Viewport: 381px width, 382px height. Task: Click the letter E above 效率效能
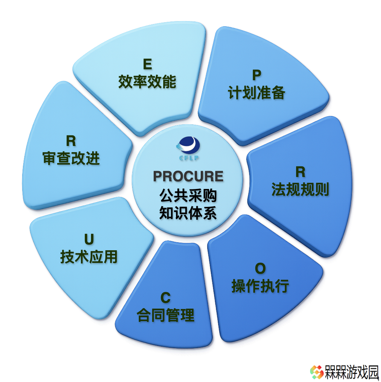(148, 64)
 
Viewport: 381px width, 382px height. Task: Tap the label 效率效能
(148, 82)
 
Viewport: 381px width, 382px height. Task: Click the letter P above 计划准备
(257, 75)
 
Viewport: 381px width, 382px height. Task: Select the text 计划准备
(256, 93)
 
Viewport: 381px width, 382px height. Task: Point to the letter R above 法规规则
(301, 172)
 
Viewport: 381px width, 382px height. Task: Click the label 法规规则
(300, 189)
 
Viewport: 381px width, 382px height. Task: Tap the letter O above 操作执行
(260, 268)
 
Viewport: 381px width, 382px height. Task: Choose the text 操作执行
(260, 286)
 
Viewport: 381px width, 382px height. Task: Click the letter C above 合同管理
(166, 297)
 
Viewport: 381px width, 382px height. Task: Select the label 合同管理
(166, 315)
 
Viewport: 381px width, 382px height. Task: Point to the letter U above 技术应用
(89, 239)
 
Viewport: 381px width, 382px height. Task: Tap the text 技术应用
(89, 257)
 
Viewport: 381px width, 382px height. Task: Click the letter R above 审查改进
(71, 141)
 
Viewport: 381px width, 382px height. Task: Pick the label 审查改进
(71, 158)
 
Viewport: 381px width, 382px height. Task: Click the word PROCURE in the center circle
(188, 176)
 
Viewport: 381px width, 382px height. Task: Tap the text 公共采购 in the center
(188, 196)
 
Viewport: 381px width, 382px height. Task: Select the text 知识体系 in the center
(188, 213)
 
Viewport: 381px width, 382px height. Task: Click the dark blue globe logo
(188, 146)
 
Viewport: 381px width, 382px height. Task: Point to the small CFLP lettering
(189, 158)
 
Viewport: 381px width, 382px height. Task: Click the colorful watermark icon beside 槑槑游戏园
(317, 372)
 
